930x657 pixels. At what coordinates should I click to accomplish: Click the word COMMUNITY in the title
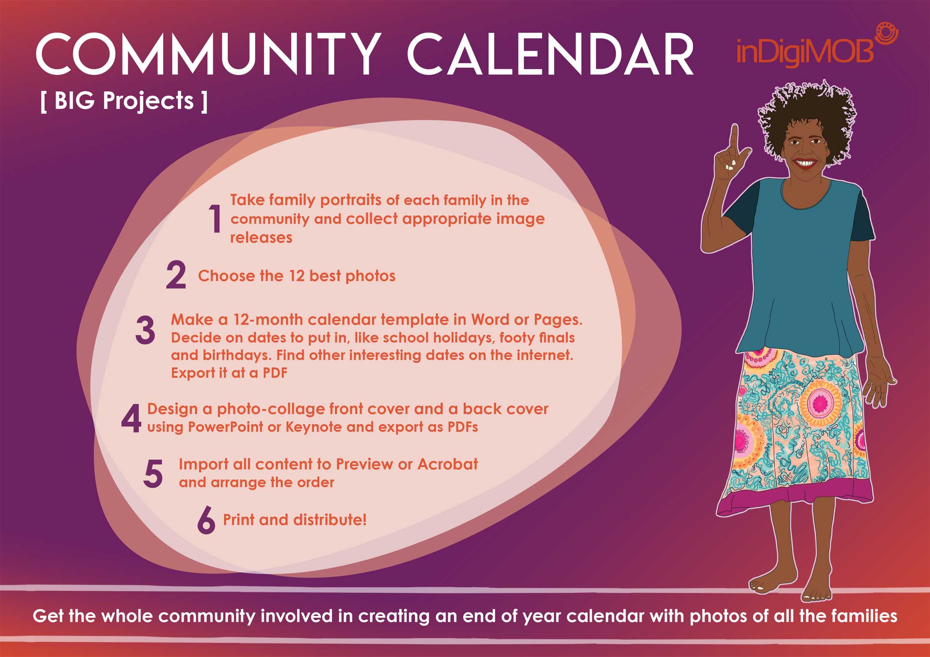pos(209,54)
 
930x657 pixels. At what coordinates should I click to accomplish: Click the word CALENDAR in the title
pos(550,54)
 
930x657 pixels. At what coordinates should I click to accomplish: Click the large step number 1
pos(215,219)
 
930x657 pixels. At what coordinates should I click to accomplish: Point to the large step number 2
pos(176,275)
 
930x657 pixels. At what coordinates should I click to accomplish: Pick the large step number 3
pos(145,330)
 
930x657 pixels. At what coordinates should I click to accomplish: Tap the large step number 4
pos(131,418)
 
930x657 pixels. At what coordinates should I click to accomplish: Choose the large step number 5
pos(153,474)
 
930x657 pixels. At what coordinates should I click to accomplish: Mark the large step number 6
pos(206,520)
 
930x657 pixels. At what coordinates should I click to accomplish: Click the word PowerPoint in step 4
pos(226,427)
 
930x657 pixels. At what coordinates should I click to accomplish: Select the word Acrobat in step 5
pos(448,464)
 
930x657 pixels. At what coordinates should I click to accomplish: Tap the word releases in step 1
pos(261,237)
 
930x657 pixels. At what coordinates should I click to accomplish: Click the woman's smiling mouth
pos(804,163)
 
